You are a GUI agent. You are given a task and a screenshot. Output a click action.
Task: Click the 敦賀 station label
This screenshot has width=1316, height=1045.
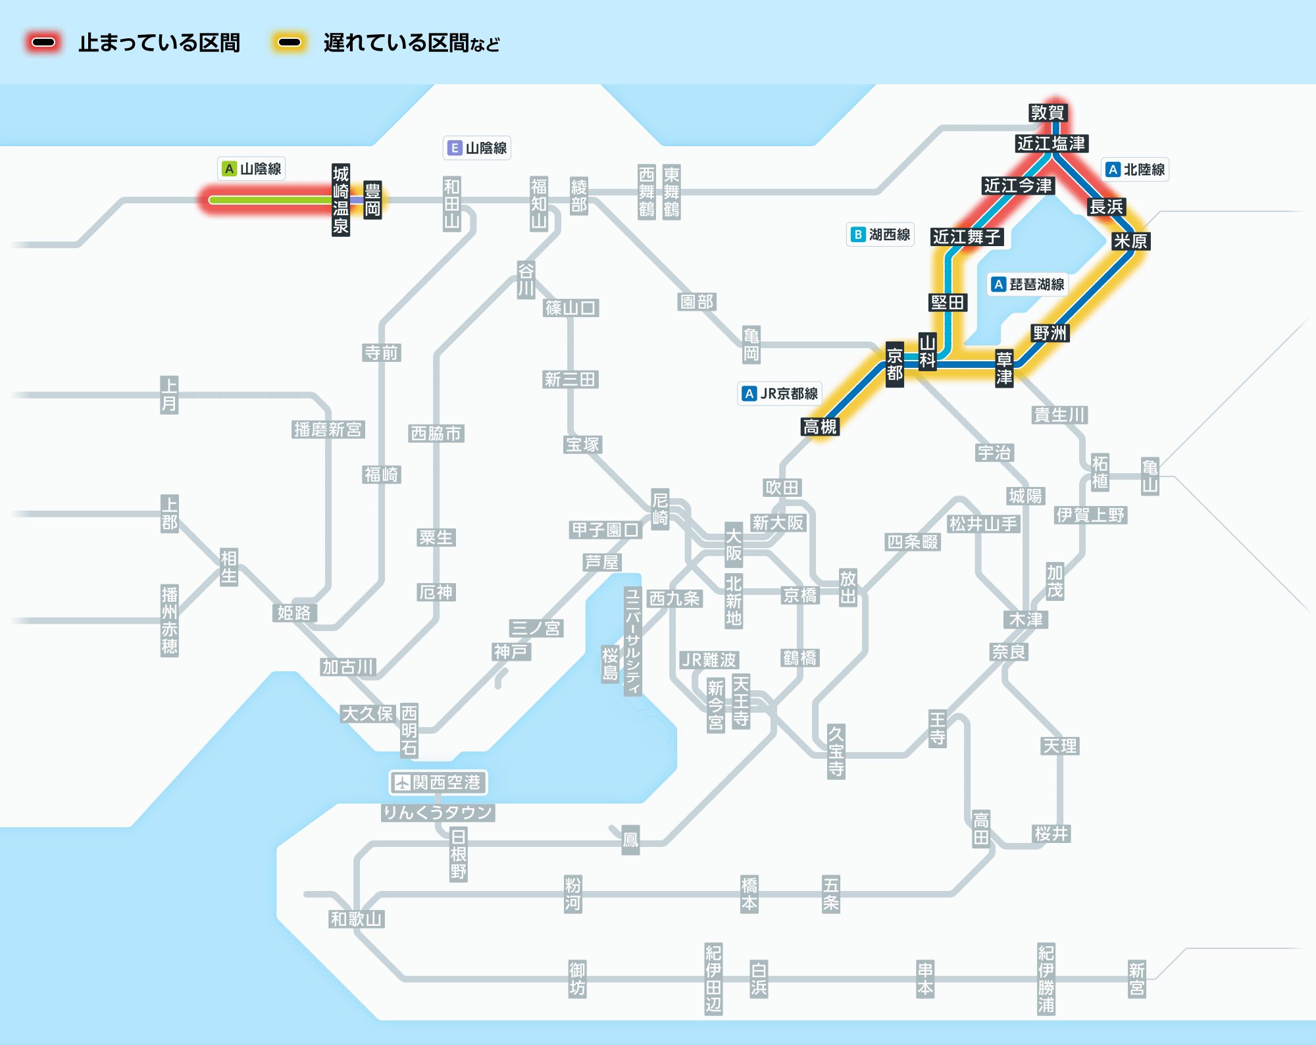1048,113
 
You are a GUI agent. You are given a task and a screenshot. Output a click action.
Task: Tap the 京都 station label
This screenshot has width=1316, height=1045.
894,365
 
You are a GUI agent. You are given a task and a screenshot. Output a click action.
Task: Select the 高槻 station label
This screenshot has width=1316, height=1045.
820,427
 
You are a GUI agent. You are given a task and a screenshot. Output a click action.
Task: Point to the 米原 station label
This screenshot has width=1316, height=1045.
1130,242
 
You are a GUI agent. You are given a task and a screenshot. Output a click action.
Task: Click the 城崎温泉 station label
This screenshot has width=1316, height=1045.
340,200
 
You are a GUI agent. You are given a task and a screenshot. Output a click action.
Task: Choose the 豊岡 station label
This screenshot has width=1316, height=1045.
372,200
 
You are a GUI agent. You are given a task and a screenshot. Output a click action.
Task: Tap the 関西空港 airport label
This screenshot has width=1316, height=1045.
438,782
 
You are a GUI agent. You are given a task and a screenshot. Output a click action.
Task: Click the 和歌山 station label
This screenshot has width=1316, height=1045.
356,919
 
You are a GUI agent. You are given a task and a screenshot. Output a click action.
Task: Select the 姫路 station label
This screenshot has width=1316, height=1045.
294,613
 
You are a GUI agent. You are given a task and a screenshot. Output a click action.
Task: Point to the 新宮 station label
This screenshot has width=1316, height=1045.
1136,979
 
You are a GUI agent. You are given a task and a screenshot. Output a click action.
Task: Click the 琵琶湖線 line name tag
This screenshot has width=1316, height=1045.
1028,284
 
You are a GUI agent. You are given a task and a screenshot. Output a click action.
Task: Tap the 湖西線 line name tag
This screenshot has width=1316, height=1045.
880,235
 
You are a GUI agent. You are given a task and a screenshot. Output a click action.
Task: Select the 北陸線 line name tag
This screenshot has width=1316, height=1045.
1135,170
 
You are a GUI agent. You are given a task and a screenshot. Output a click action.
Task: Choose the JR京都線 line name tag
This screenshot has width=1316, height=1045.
780,394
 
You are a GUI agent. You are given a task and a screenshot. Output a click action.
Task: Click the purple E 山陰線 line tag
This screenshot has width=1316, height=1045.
477,148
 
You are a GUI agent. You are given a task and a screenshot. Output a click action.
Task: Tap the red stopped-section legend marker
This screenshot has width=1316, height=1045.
43,43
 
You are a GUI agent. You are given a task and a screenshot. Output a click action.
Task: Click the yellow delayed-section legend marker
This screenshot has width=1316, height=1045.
290,43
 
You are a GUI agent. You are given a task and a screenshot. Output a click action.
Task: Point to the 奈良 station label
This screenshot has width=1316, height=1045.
1009,651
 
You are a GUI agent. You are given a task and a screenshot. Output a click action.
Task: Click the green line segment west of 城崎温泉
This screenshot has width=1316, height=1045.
270,200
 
